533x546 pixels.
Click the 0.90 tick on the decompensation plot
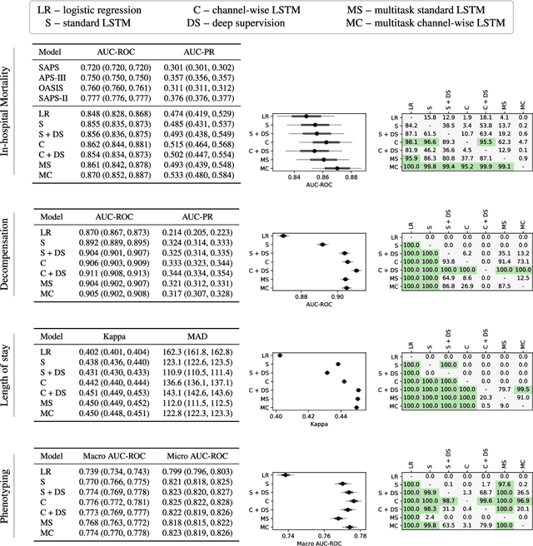(x=338, y=295)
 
